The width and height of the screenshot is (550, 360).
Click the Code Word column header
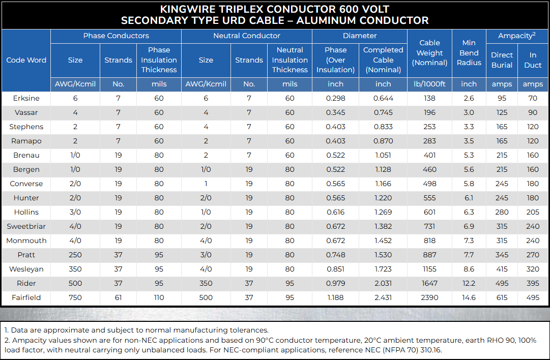pos(26,60)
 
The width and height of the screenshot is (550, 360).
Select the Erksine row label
pos(26,98)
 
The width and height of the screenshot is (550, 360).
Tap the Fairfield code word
pos(26,297)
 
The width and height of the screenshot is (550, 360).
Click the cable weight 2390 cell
pos(430,297)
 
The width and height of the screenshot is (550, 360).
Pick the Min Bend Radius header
pos(469,52)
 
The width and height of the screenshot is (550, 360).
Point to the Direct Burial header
pos(502,60)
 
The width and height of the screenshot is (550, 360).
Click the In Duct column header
pos(533,60)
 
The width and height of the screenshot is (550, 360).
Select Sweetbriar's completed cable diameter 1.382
pos(383,226)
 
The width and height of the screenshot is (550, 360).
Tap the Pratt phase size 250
pos(75,255)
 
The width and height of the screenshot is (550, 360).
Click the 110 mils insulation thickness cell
pos(159,297)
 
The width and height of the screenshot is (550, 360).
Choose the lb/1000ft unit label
pos(430,84)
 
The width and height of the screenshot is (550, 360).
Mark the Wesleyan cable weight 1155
pos(430,269)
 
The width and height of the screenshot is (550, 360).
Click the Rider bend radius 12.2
pos(469,283)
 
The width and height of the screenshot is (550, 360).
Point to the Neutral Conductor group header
pos(247,36)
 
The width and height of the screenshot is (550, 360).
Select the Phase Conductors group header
pos(116,36)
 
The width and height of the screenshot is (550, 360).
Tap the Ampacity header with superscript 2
pos(517,36)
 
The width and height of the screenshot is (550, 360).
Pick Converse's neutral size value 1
pos(206,184)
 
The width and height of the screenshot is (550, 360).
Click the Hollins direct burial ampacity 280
pos(502,212)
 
